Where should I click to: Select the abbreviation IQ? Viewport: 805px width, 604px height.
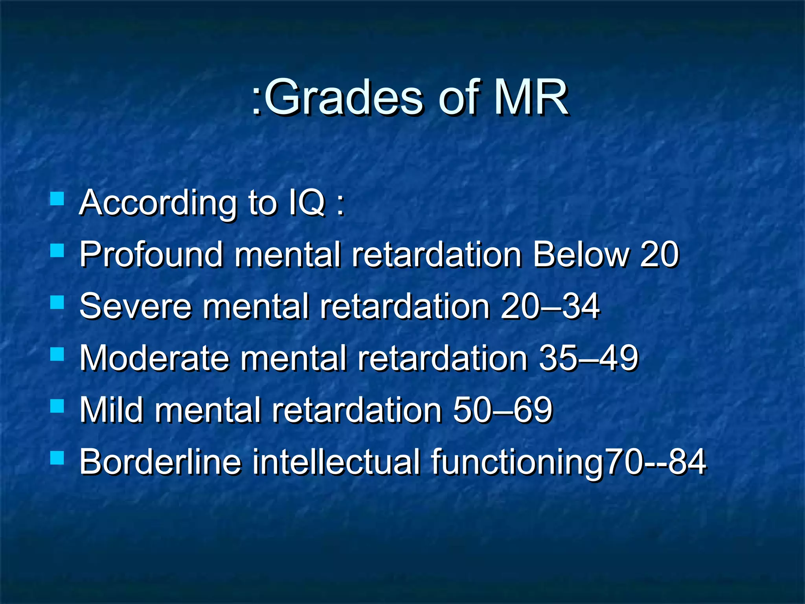(x=307, y=203)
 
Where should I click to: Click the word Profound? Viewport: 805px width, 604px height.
(x=151, y=255)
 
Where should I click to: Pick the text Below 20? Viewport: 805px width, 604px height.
(x=606, y=255)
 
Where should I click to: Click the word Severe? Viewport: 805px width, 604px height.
(x=136, y=306)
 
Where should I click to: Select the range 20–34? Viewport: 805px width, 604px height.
(x=550, y=306)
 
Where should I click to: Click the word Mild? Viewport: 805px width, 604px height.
(x=112, y=410)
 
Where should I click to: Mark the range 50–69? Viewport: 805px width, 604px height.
(x=503, y=410)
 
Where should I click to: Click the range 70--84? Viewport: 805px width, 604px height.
(x=655, y=462)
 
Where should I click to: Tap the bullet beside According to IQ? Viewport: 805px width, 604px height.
(x=57, y=199)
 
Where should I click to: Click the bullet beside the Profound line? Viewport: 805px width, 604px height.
(x=57, y=250)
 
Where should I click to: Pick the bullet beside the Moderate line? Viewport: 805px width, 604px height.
(x=57, y=354)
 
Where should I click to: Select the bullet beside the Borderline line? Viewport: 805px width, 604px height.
(x=57, y=458)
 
